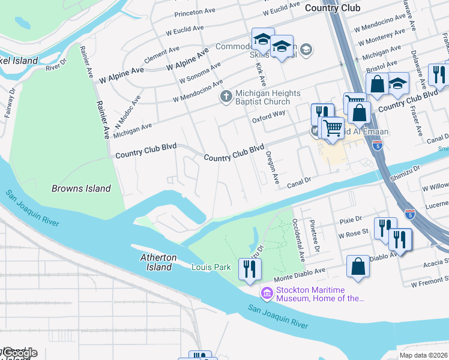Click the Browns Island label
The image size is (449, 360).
point(81,188)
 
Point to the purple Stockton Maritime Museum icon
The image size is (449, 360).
point(266,293)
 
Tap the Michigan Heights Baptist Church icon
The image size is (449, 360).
point(226,97)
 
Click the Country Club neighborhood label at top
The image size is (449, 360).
point(333,8)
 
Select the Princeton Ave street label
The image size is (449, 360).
point(195,13)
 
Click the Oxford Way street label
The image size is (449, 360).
point(268,113)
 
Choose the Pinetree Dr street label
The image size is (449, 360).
point(314,236)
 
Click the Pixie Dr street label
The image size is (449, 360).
point(351,220)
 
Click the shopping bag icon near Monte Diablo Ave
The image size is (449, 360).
point(358,268)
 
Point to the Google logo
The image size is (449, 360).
point(19,353)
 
